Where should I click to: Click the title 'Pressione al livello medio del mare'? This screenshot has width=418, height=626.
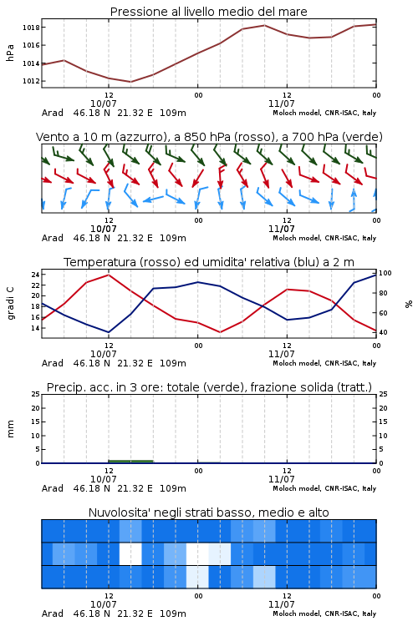[208, 12]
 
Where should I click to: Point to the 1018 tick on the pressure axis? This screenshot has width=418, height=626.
[31, 28]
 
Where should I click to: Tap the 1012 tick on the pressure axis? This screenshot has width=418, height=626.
[31, 81]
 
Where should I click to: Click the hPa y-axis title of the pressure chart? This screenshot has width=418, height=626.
[10, 53]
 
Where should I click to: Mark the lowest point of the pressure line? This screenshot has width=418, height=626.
[130, 82]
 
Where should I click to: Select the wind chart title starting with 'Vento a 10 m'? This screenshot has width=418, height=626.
[209, 137]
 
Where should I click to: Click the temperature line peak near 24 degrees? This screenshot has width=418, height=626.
[109, 275]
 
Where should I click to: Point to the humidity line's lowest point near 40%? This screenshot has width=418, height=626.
[109, 332]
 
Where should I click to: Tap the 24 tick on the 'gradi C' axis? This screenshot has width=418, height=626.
[35, 275]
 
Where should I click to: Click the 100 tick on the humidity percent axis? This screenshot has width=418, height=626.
[385, 273]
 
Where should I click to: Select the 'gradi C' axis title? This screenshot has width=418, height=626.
[11, 303]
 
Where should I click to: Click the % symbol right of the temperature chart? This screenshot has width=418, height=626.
[409, 304]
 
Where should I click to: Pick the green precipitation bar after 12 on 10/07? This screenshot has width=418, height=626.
[130, 462]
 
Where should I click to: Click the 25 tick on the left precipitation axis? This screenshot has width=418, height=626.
[35, 394]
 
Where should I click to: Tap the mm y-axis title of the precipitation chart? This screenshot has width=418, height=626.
[10, 429]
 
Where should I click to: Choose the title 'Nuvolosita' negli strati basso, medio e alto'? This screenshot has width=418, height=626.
[208, 512]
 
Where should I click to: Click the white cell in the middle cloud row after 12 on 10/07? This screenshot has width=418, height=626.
[130, 553]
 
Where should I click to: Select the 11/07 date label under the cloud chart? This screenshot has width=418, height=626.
[282, 604]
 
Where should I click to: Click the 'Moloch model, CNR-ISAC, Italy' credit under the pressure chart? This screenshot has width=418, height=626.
[324, 113]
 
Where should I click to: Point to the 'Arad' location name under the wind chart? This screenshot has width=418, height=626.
[53, 238]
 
